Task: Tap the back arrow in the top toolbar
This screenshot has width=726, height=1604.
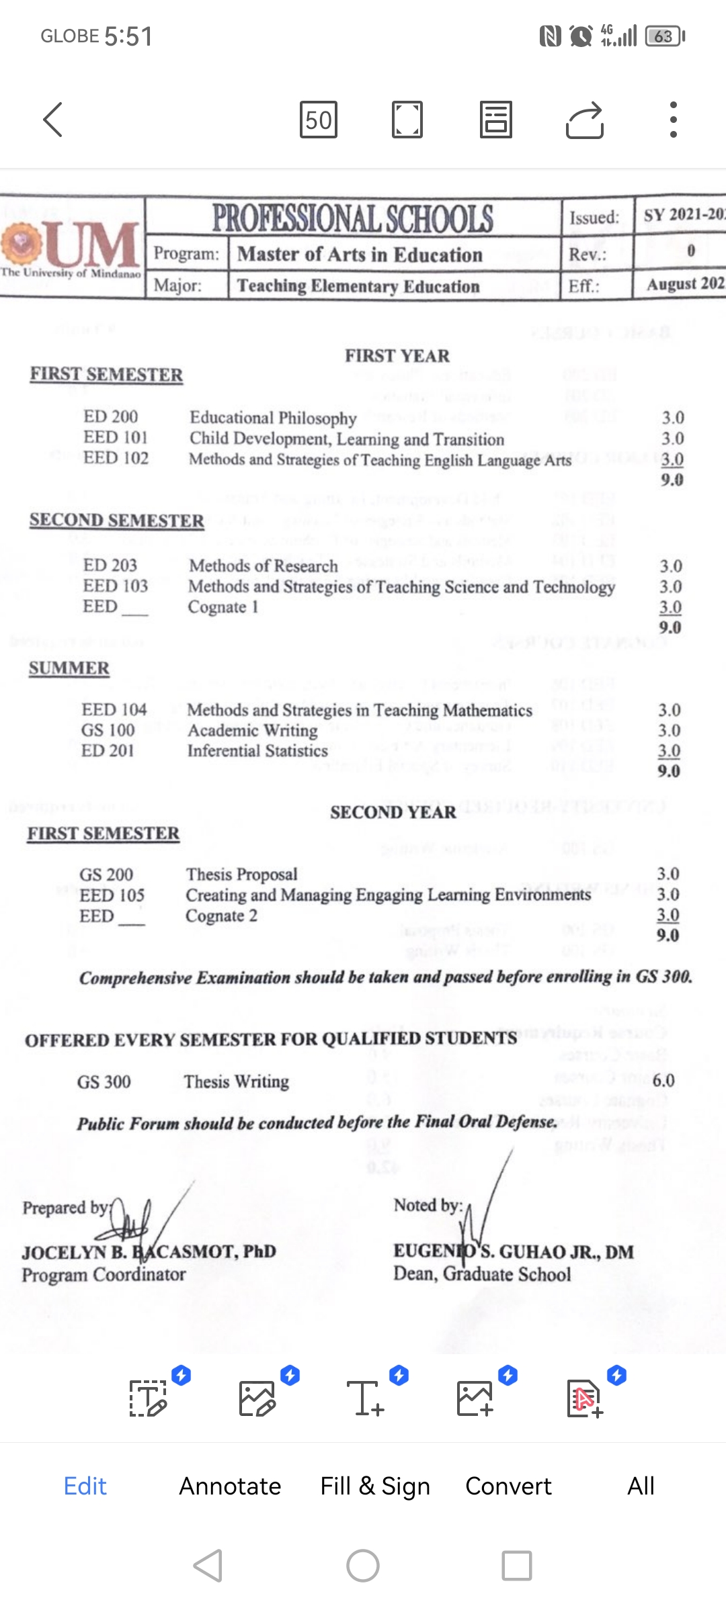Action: (x=53, y=120)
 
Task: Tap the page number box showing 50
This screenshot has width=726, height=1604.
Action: (x=318, y=120)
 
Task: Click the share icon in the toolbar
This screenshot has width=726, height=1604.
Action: (x=584, y=120)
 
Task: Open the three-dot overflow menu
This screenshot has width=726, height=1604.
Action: (x=673, y=120)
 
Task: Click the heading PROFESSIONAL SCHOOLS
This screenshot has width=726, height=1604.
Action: (x=353, y=218)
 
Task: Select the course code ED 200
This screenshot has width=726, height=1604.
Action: (x=110, y=417)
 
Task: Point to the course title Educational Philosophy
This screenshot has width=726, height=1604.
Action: (x=273, y=418)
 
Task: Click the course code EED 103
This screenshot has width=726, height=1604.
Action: (x=115, y=586)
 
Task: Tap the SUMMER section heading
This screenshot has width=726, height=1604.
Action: (x=69, y=668)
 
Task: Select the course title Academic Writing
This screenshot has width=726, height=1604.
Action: (x=253, y=730)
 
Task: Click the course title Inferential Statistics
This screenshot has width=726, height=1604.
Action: (x=257, y=751)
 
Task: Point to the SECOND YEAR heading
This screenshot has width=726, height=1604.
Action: (x=393, y=812)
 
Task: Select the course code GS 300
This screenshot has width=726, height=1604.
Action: (x=104, y=1082)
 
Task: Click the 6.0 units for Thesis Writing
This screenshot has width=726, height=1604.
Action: (x=663, y=1080)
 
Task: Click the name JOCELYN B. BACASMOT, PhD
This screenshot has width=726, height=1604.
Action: (x=149, y=1252)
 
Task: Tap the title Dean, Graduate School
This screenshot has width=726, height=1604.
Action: (x=482, y=1274)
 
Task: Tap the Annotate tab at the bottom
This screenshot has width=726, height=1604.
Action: (x=230, y=1486)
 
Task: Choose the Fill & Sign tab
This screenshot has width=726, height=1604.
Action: (x=375, y=1486)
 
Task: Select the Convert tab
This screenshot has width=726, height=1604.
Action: (x=508, y=1486)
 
